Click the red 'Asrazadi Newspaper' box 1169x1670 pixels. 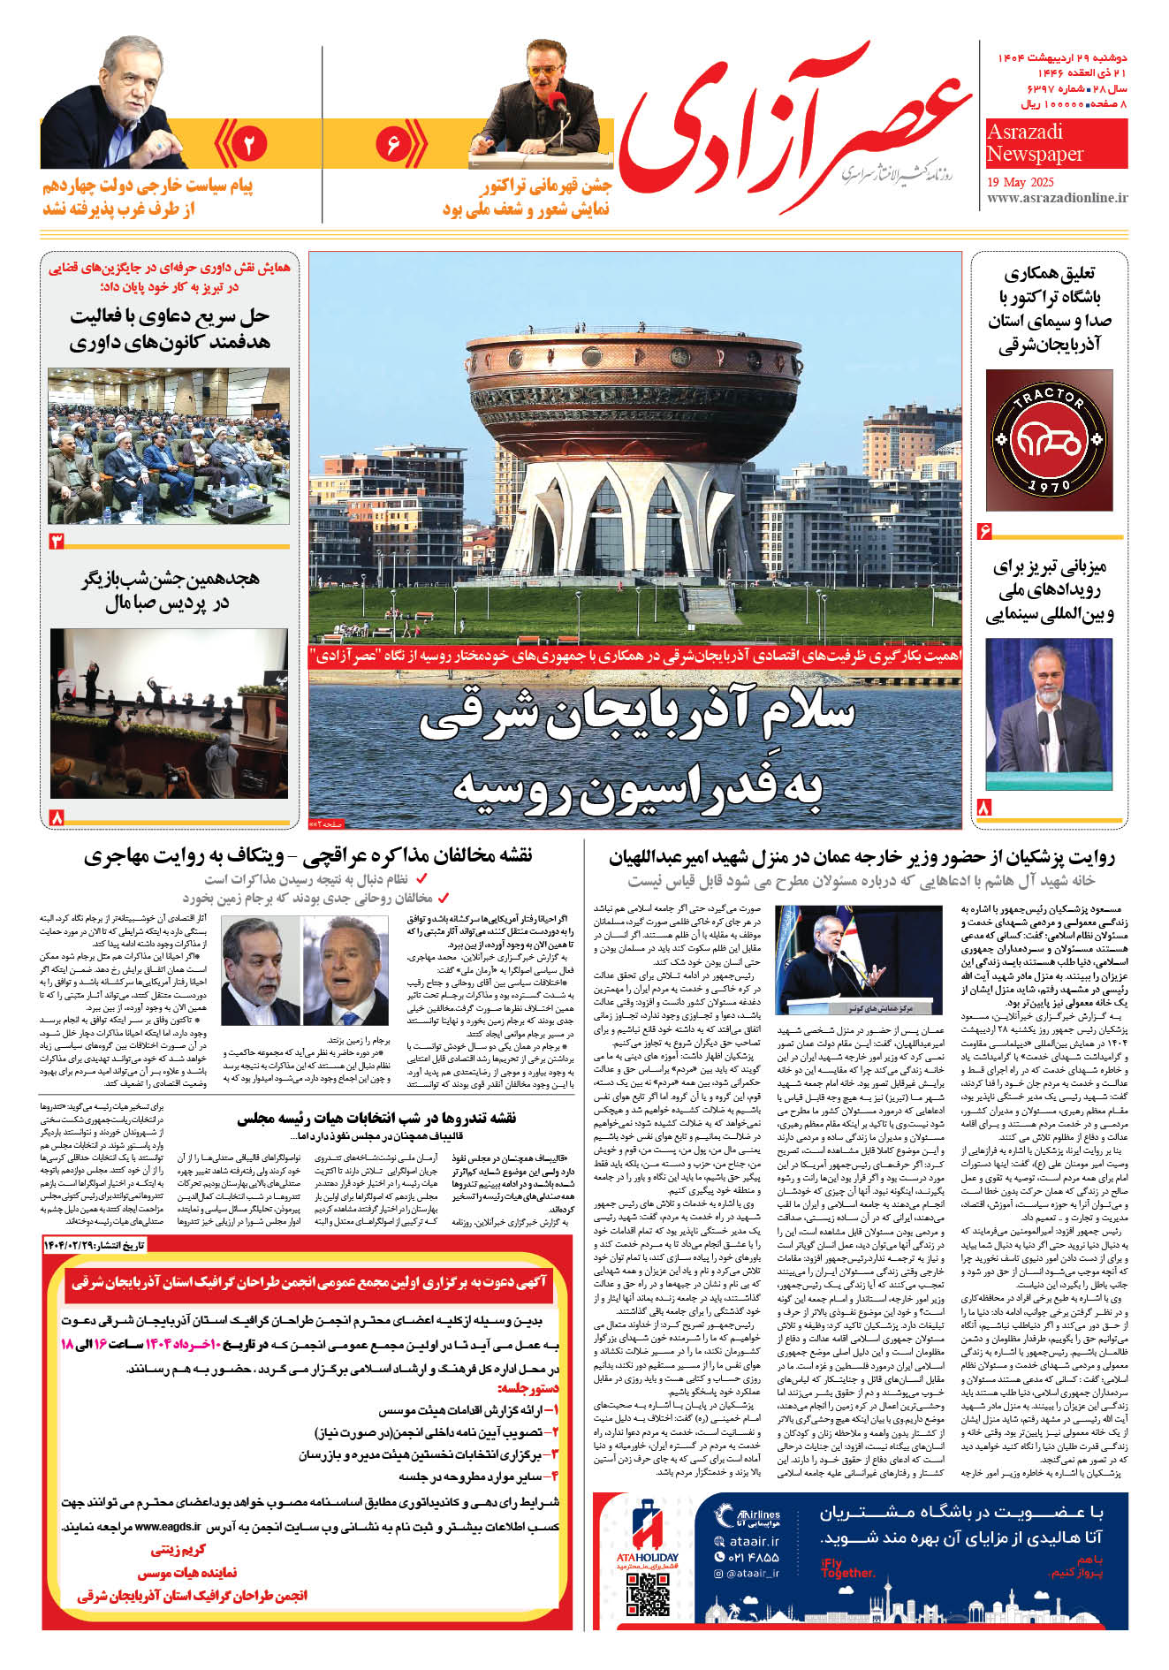coord(1056,143)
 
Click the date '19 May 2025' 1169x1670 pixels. coord(1021,182)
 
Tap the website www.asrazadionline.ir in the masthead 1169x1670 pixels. coord(1057,198)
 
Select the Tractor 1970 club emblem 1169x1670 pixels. coord(1049,439)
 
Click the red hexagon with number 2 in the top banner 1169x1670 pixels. coord(248,144)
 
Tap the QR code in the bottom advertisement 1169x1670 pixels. coord(648,1595)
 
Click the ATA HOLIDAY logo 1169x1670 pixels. coord(647,1533)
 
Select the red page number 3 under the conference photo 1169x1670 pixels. coord(57,540)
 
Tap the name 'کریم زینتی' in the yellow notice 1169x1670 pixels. coord(178,1550)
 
